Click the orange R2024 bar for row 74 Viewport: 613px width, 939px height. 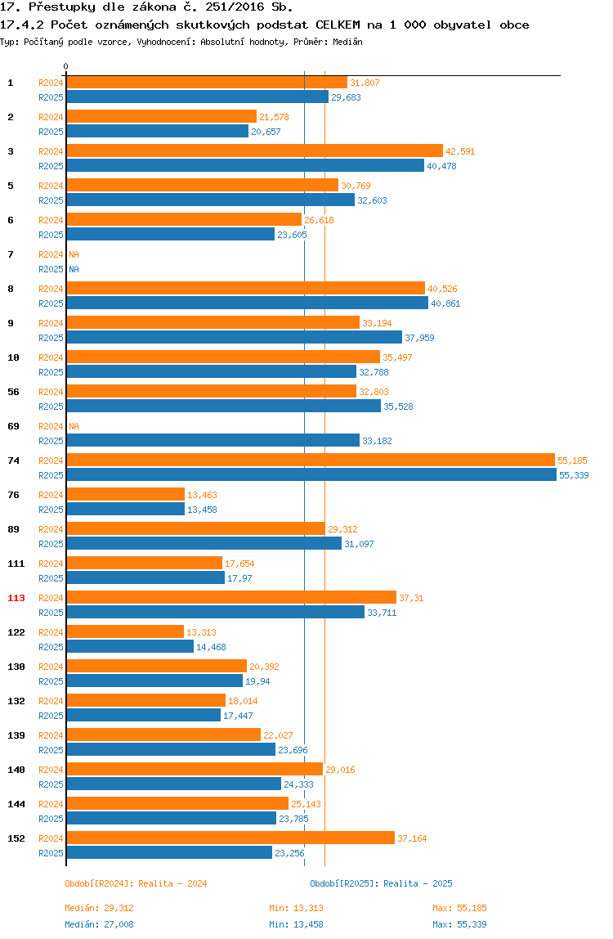[x=311, y=460]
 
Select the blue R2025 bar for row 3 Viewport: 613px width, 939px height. [x=245, y=166]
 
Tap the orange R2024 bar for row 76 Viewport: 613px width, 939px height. [x=126, y=495]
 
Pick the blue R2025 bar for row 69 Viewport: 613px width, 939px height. [x=213, y=441]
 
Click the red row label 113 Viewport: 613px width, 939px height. [x=16, y=598]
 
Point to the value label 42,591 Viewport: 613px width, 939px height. [x=460, y=151]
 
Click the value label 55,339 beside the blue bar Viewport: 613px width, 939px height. [x=574, y=475]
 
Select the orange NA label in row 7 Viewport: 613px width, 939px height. [x=74, y=254]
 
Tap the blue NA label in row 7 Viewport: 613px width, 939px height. [x=74, y=269]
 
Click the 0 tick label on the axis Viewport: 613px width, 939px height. [x=66, y=66]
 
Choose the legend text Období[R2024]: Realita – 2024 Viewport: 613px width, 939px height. [x=136, y=883]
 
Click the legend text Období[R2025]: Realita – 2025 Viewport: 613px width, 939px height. [x=382, y=883]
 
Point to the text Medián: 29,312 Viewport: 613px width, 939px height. [x=100, y=908]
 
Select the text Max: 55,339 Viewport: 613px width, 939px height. [x=459, y=924]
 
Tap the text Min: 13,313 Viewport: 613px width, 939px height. [x=297, y=908]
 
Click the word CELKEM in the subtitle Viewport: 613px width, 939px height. [x=338, y=25]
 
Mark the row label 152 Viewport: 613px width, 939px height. [x=16, y=838]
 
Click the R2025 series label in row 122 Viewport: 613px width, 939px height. [x=51, y=647]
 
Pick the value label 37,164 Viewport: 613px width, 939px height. [x=413, y=838]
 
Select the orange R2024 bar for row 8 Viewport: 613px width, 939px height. [x=245, y=288]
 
